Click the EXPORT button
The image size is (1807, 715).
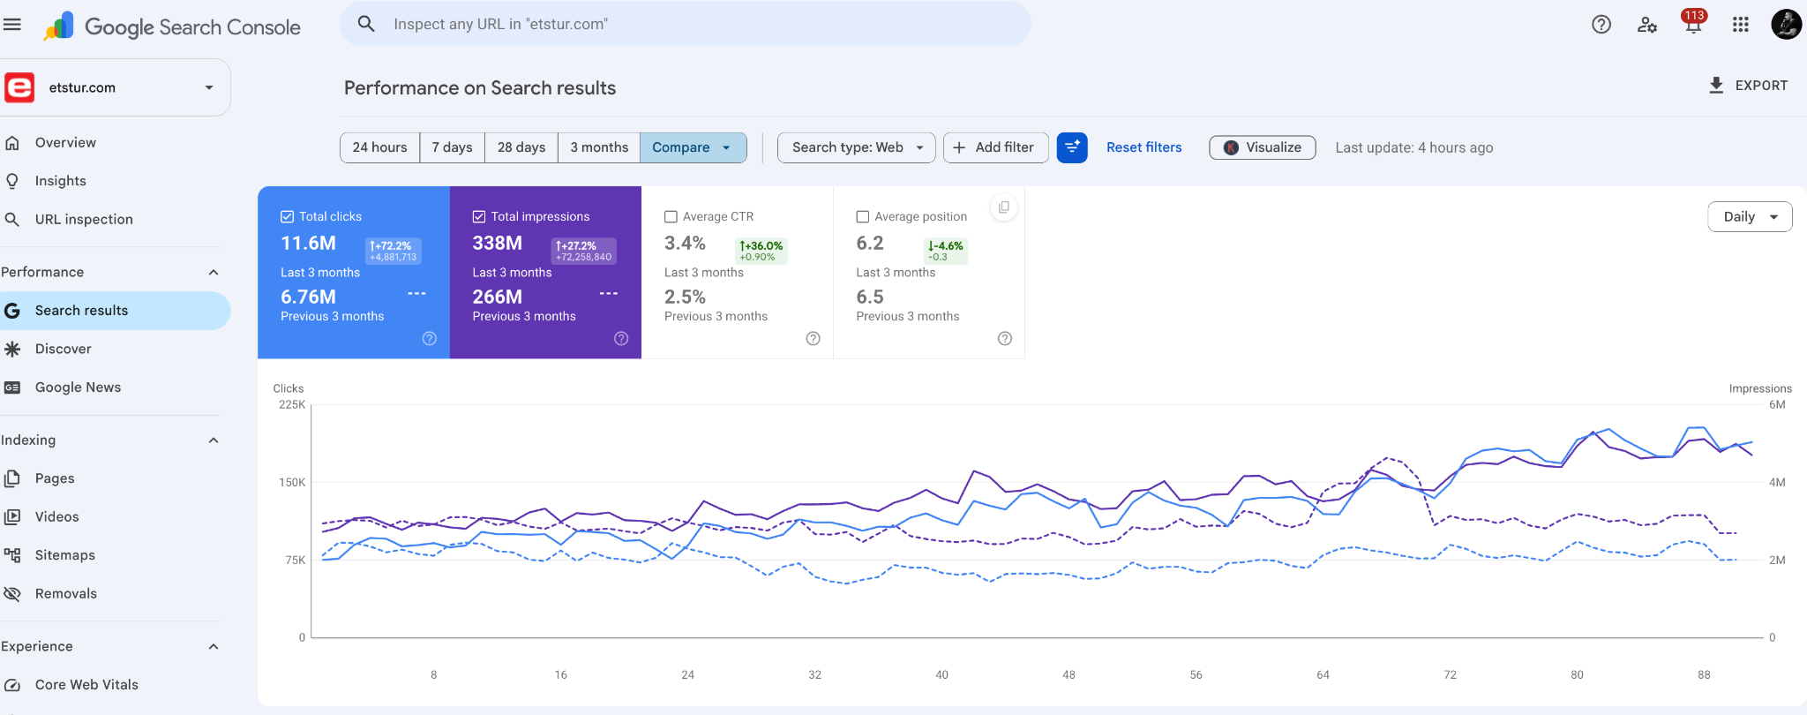point(1748,86)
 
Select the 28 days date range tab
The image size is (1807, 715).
point(521,147)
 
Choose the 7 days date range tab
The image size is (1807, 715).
point(452,147)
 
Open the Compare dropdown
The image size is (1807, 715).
point(693,147)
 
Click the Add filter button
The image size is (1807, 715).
point(995,147)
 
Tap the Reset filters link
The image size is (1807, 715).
point(1143,147)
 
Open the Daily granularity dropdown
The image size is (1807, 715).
point(1750,217)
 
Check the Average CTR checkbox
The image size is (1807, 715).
point(671,216)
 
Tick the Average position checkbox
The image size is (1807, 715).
point(863,216)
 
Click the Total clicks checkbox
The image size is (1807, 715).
point(287,216)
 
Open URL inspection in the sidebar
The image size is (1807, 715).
point(84,219)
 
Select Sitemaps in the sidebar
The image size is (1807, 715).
point(64,555)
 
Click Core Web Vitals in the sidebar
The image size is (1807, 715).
point(86,685)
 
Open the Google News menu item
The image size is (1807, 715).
point(78,388)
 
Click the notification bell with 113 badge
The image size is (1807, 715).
point(1692,24)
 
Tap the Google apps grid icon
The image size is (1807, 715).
point(1740,25)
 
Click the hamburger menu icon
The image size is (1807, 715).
point(12,25)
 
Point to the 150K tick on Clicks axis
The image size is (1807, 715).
point(292,483)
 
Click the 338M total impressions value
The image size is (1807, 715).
point(498,243)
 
